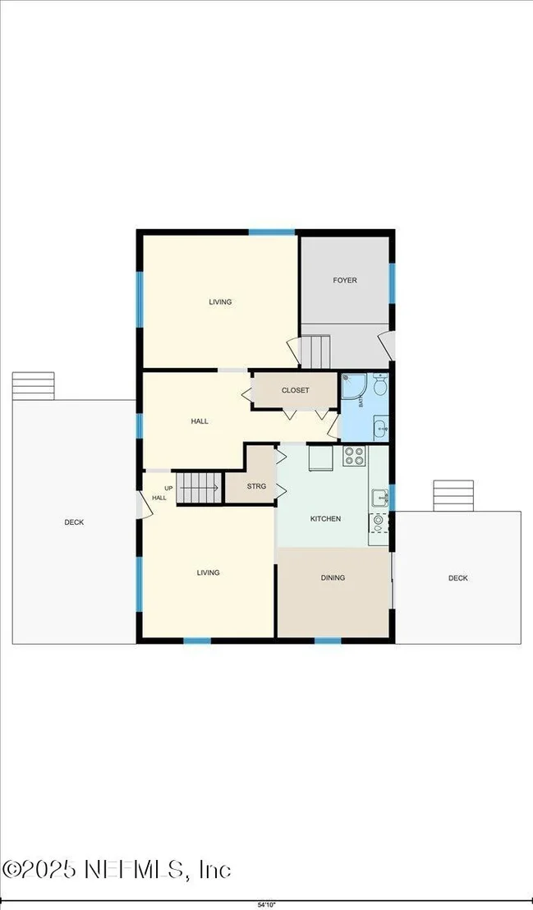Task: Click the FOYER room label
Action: pos(344,280)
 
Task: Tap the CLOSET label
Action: pos(296,391)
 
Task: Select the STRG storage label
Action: pos(256,486)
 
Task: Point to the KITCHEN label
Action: pos(325,519)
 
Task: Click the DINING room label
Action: pos(333,577)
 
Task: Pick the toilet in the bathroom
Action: pos(380,384)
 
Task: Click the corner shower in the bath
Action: pos(352,387)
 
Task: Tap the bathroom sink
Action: pos(380,428)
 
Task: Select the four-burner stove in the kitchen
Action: pos(354,456)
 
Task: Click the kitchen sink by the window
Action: pos(379,499)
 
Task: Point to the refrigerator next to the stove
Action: pos(319,458)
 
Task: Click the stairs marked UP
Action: pos(199,488)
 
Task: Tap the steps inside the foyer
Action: pos(315,352)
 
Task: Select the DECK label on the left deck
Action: pos(74,522)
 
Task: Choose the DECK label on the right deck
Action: pos(457,578)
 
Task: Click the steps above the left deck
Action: pos(33,386)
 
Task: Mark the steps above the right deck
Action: pos(453,495)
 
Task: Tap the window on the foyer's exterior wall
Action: pos(392,283)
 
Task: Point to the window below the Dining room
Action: pos(328,640)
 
